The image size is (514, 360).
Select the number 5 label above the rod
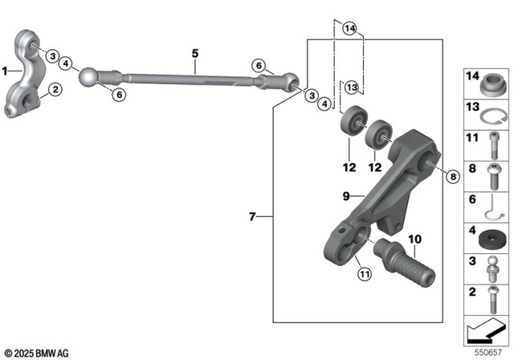194,55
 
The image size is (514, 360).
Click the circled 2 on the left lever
55,90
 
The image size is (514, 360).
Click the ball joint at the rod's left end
88,78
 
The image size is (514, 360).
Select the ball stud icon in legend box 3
490,268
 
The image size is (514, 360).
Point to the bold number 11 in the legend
471,137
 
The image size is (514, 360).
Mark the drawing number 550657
493,352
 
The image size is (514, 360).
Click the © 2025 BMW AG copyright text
37,353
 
